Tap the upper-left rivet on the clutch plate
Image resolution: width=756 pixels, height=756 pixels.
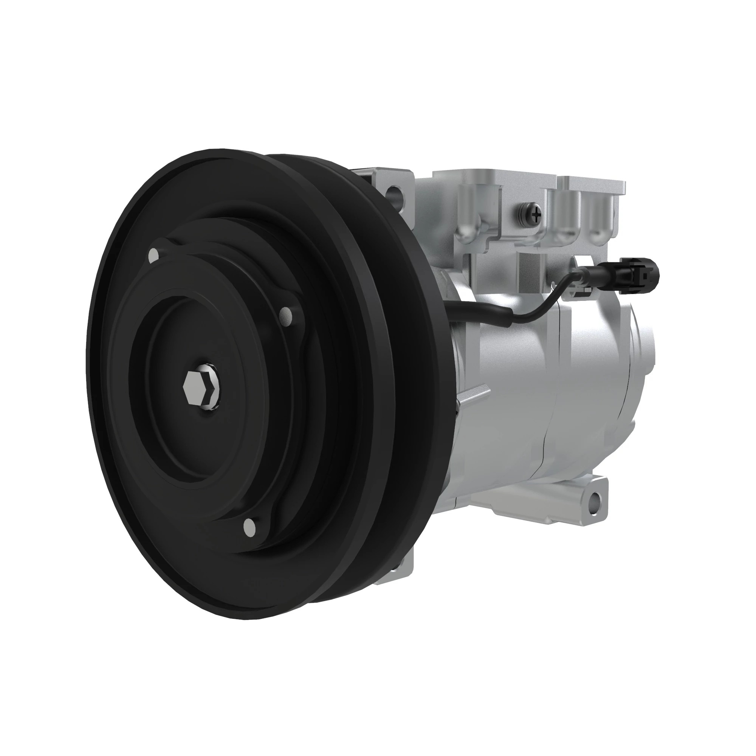tap(154, 255)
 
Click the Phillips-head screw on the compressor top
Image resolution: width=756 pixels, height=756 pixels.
tap(535, 214)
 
